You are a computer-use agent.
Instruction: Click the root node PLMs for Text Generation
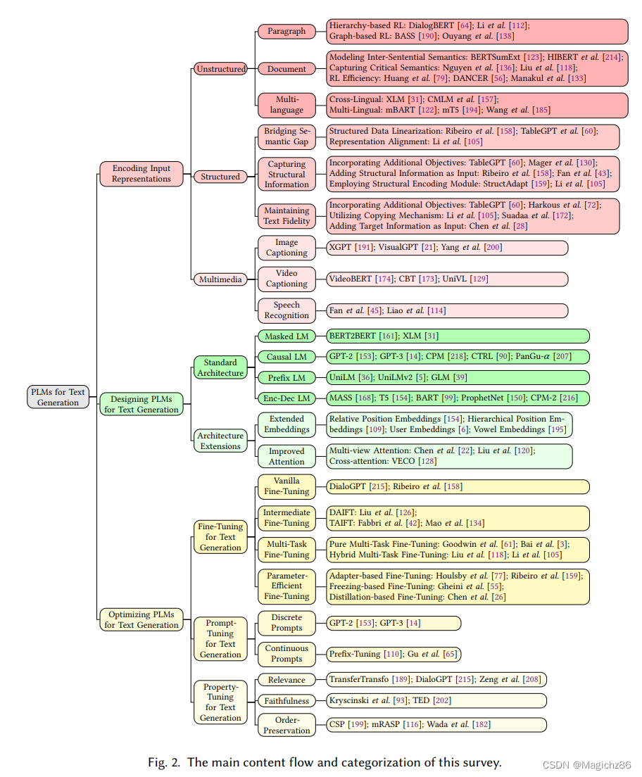click(x=58, y=397)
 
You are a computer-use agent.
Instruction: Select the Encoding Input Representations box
click(x=141, y=174)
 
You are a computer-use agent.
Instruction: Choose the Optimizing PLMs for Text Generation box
click(x=141, y=619)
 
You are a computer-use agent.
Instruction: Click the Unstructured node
click(x=221, y=69)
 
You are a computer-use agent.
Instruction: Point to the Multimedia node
click(x=220, y=279)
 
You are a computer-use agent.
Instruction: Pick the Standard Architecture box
click(x=220, y=367)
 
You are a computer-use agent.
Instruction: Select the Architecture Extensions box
click(x=220, y=441)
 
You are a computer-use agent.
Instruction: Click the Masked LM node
click(x=287, y=336)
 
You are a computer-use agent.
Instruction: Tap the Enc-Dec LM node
click(x=287, y=398)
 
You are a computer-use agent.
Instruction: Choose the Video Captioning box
click(x=287, y=279)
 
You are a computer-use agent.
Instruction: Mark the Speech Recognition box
click(x=287, y=310)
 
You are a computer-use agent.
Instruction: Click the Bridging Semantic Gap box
click(x=287, y=136)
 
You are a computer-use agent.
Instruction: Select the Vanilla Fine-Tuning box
click(x=287, y=486)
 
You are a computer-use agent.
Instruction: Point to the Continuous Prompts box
click(x=287, y=654)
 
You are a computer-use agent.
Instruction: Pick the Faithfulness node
click(x=287, y=701)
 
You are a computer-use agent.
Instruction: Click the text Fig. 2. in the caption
click(x=163, y=762)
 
